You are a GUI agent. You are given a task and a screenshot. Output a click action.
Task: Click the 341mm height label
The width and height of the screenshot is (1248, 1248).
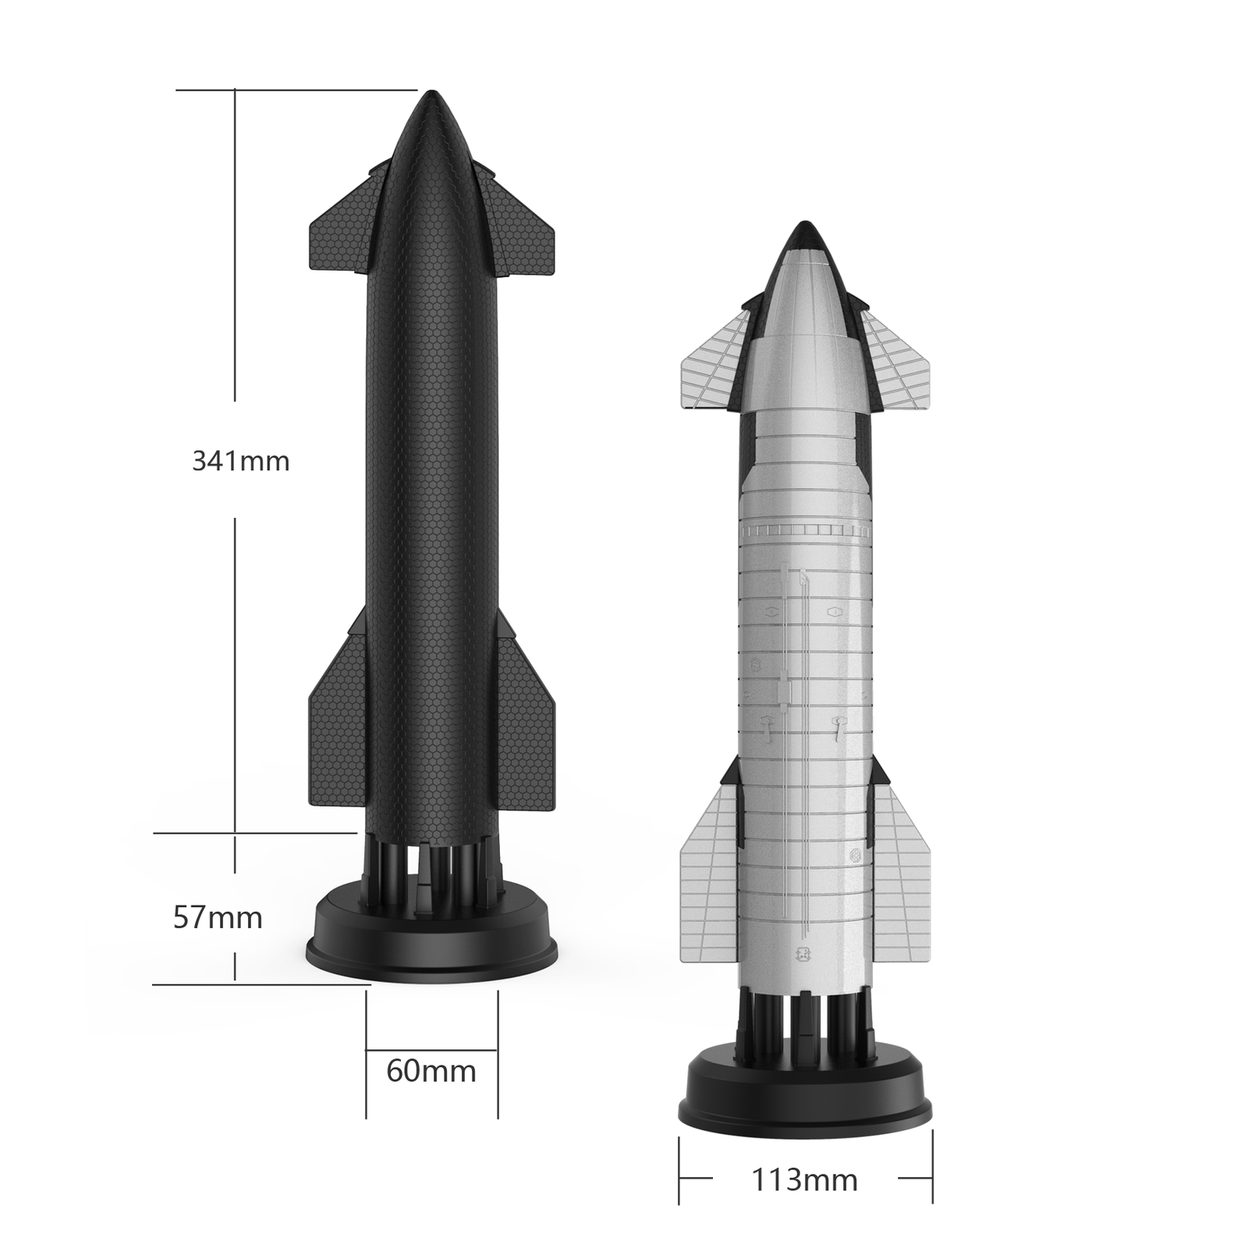pos(241,461)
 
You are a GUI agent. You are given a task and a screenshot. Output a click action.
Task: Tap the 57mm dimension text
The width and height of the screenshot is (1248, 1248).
pos(218,917)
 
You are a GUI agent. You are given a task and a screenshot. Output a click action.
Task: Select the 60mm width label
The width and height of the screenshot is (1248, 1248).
pos(431,1071)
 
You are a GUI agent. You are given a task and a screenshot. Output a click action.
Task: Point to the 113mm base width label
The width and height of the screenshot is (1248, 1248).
pos(804,1180)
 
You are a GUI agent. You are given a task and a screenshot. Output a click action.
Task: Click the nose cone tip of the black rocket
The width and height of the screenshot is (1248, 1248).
pos(431,97)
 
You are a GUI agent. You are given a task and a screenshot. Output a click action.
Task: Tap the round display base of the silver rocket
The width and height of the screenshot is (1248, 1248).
pos(808,1092)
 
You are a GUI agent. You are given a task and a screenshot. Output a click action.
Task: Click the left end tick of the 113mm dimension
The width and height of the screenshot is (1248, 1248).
pos(679,1179)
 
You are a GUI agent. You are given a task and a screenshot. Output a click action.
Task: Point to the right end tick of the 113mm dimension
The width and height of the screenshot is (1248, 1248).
pos(932,1179)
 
